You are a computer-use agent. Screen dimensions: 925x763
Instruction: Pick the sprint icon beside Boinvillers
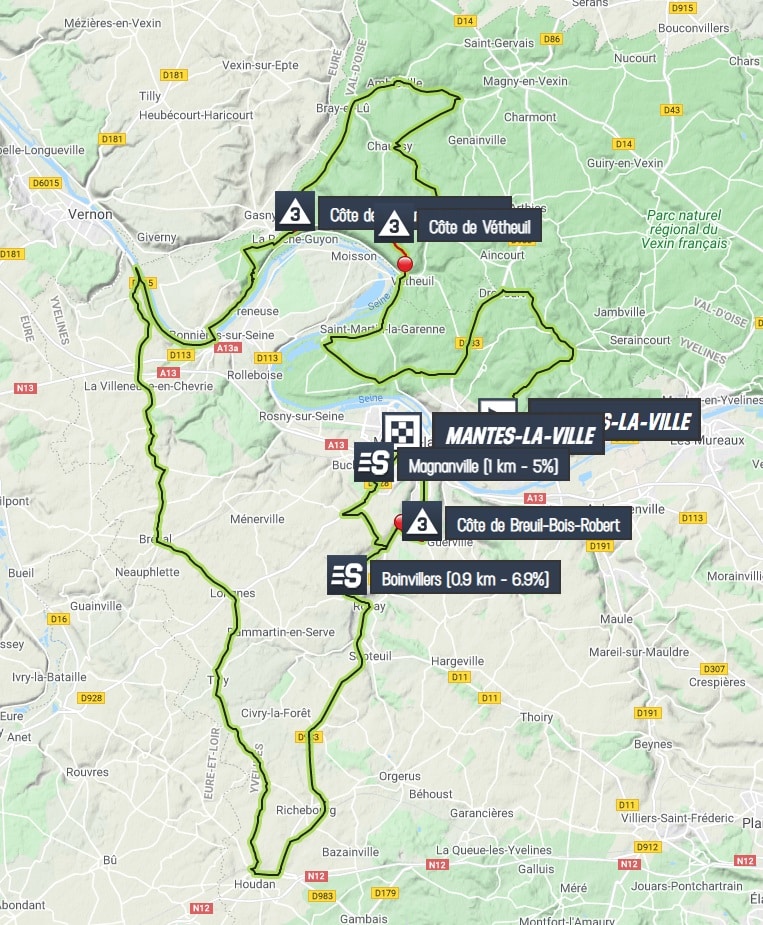point(348,576)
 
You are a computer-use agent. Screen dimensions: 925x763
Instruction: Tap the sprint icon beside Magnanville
point(373,462)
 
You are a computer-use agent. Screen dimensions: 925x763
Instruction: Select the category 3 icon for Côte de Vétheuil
point(395,225)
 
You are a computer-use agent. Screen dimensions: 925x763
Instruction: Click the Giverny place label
point(156,237)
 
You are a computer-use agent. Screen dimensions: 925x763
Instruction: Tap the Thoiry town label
point(537,717)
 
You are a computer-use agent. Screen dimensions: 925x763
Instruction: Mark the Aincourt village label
point(502,255)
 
